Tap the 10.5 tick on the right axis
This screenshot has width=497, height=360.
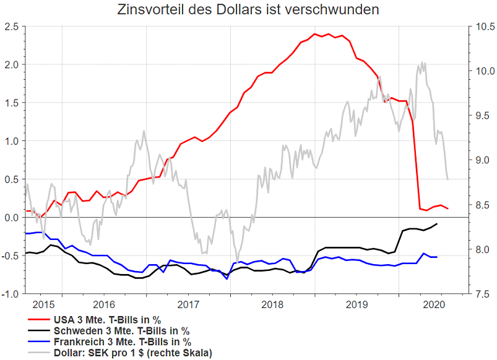[x=482, y=27]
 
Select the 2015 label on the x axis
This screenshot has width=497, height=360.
[x=42, y=304]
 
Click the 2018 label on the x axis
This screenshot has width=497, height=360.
[x=272, y=304]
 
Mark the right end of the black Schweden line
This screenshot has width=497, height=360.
[x=438, y=224]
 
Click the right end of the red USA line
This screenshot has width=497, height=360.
[x=448, y=208]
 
